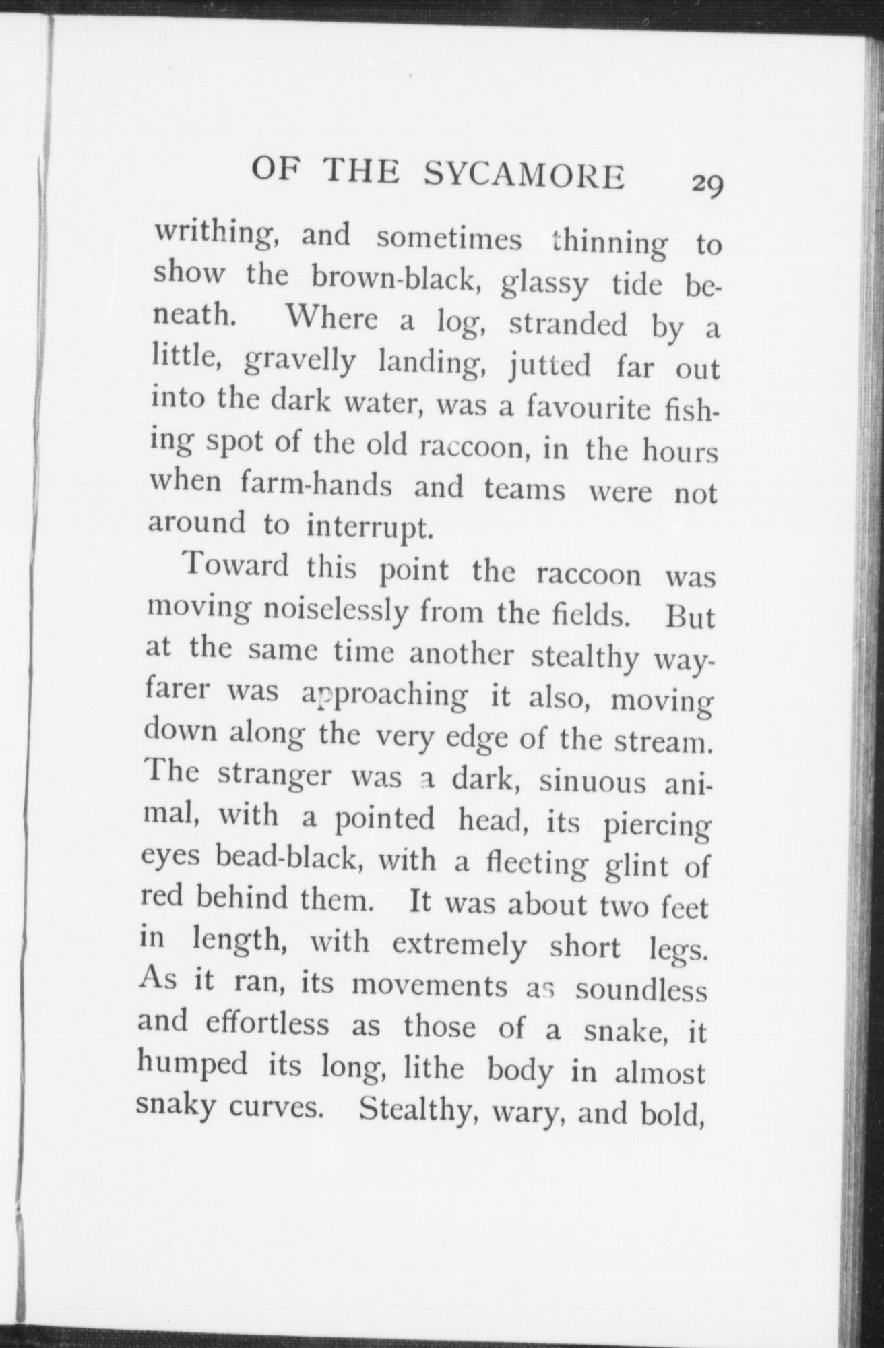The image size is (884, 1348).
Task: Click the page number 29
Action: point(705,183)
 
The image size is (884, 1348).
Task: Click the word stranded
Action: point(567,326)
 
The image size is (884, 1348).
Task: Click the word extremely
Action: point(459,946)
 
